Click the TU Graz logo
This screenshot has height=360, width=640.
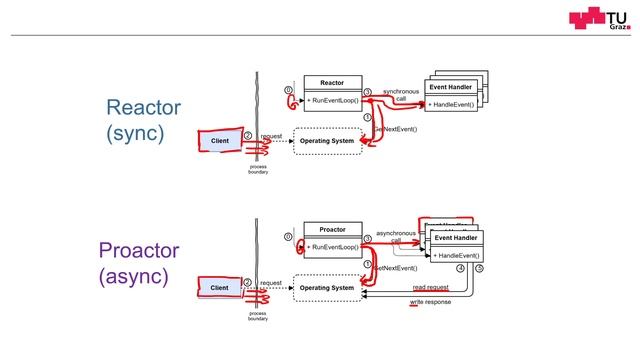[598, 23]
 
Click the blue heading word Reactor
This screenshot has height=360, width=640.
[143, 109]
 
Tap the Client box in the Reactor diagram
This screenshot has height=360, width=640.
[220, 141]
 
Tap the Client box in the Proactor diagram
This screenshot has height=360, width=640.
[220, 288]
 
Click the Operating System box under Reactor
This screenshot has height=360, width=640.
[327, 141]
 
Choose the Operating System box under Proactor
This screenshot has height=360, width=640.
[327, 288]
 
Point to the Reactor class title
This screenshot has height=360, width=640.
[332, 82]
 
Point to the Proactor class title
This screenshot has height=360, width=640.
[332, 229]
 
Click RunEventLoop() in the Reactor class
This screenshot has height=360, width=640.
[332, 101]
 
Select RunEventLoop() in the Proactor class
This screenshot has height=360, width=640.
[332, 247]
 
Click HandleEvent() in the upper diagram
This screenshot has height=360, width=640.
[450, 104]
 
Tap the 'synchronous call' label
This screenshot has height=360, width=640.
[400, 95]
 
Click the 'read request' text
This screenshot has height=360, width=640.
[430, 287]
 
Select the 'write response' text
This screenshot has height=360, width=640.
[430, 301]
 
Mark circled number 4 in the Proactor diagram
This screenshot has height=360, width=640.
[460, 269]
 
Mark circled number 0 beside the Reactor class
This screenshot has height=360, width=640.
[288, 90]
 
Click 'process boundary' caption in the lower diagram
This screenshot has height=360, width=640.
[258, 316]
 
